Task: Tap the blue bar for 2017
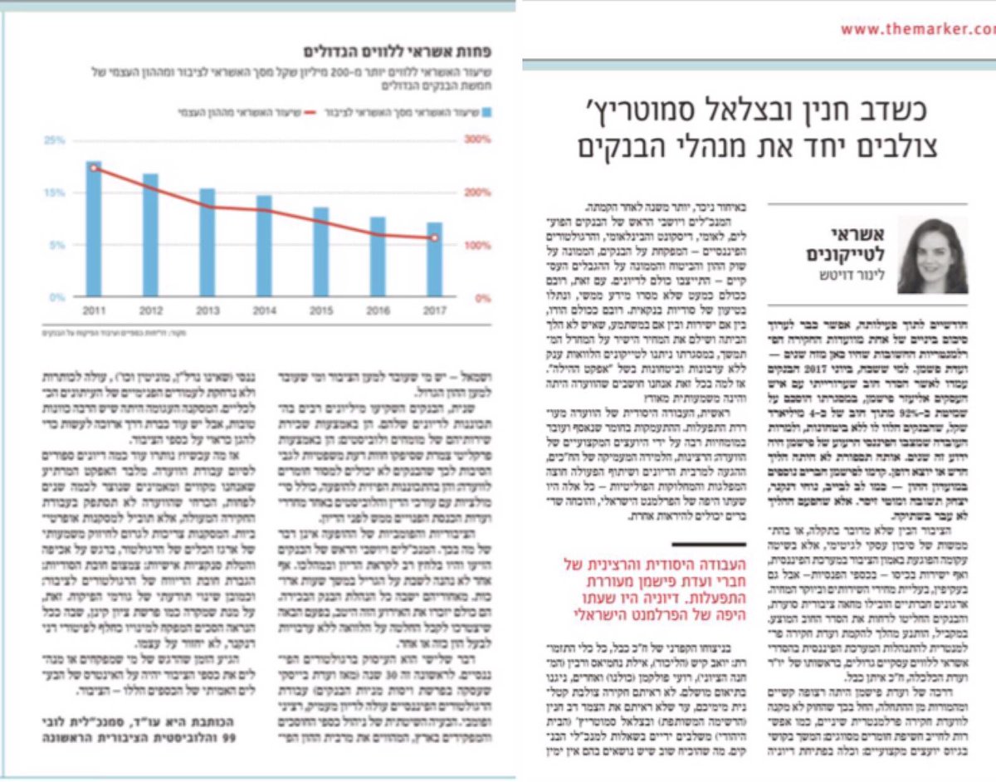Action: [433, 259]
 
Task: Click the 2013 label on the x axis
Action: [207, 310]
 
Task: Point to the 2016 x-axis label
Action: [377, 310]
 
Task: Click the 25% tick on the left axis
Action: [55, 140]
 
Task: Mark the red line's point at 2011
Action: [94, 169]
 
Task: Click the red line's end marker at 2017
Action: [433, 238]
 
